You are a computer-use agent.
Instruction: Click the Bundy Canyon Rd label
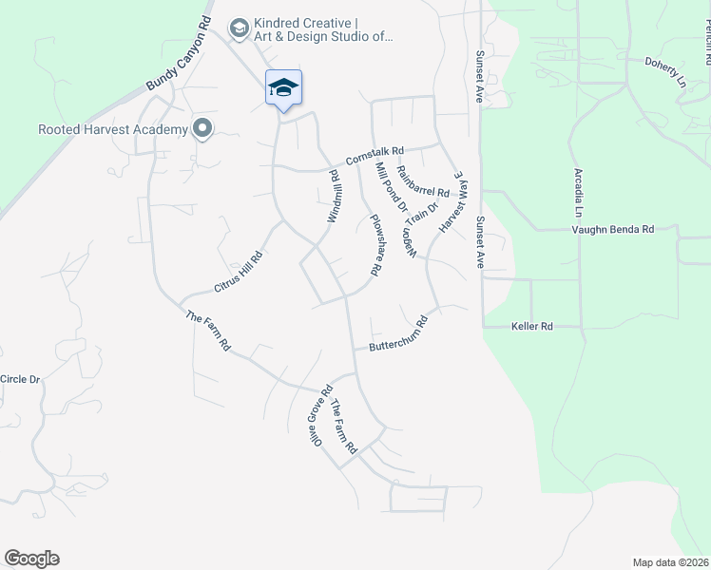[178, 54]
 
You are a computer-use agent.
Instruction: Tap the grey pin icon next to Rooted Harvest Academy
[202, 128]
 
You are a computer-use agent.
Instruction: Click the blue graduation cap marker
[283, 88]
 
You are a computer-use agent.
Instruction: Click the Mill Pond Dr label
[391, 186]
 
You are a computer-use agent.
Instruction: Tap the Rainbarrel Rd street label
[422, 176]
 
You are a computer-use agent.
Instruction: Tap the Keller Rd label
[532, 327]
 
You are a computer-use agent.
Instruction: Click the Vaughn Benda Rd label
[613, 229]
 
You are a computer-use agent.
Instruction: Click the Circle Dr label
[21, 379]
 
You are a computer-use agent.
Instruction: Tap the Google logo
[31, 559]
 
